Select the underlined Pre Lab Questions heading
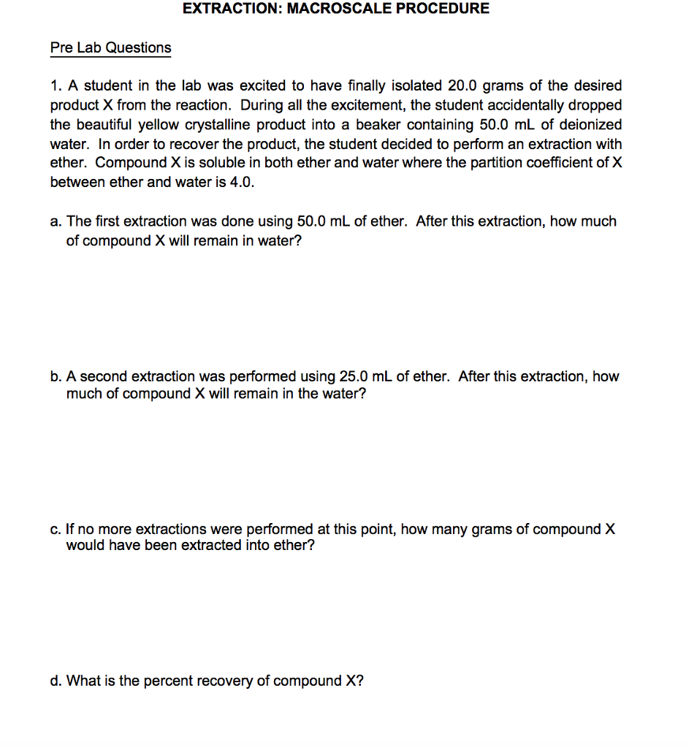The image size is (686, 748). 110,48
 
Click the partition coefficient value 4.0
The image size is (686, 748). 242,183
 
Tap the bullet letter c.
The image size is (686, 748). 55,530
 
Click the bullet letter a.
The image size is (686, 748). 55,221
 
